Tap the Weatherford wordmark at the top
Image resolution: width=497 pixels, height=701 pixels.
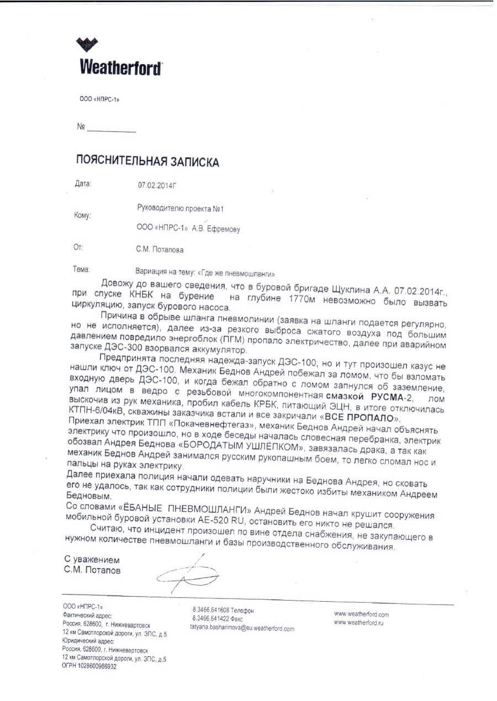[121, 68]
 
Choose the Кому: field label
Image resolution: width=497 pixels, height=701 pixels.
[82, 215]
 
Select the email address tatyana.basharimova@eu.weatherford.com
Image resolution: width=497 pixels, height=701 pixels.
[242, 628]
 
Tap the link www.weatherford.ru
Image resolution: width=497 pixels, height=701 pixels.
[358, 623]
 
